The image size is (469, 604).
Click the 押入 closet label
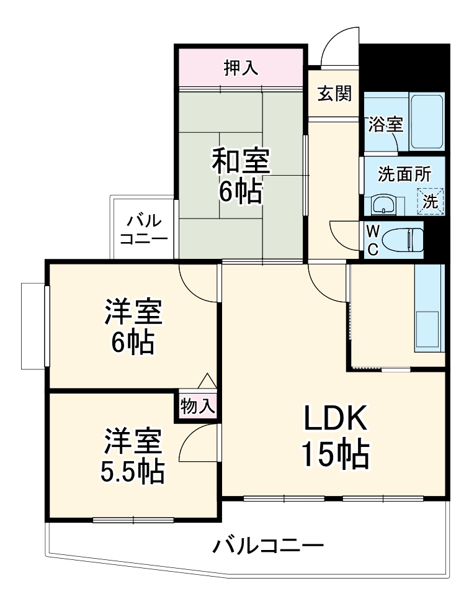pos(241,68)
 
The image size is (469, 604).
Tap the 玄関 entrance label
pos(335,94)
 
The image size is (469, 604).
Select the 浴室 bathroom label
pos(385,124)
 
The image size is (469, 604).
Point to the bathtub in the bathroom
pos(427,122)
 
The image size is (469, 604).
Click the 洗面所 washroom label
pos(401,174)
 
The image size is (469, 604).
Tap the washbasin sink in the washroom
pos(383,203)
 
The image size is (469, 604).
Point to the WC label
pos(373,240)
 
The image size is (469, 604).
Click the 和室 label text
pos(240,162)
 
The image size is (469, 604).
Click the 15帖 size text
pos(335,456)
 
